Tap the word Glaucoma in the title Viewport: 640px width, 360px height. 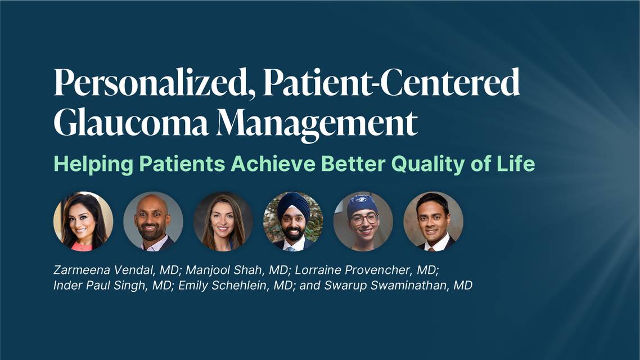tap(131, 123)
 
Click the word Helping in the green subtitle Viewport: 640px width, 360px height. tap(93, 164)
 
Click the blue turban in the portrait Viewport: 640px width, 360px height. tap(293, 206)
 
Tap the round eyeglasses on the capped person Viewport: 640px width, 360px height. tap(364, 219)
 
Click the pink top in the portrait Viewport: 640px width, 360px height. tap(82, 246)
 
